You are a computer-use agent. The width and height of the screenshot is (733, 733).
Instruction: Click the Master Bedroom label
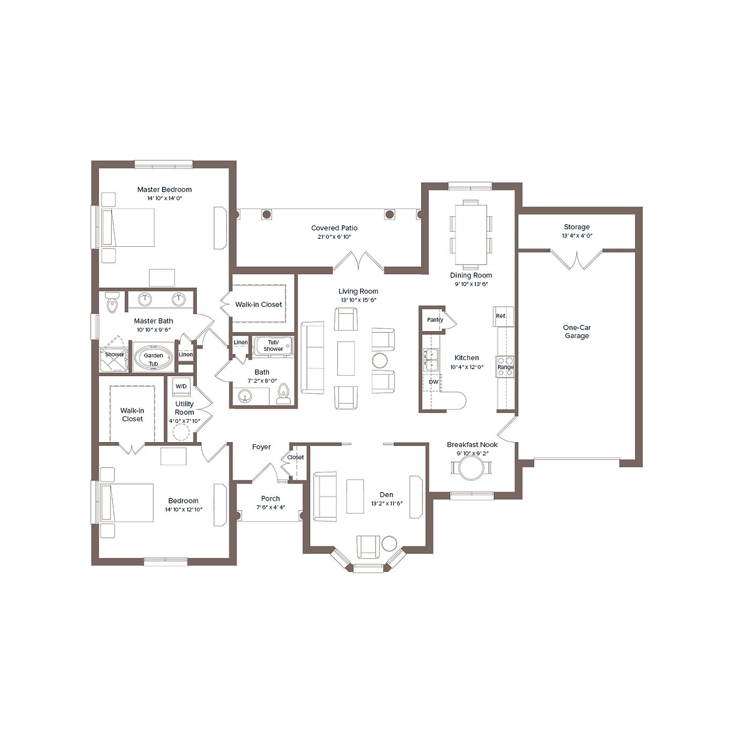pos(164,189)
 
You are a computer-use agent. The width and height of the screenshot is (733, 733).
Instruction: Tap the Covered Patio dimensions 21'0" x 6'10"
pos(334,237)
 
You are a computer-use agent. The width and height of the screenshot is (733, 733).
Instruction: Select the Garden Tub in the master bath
pos(153,358)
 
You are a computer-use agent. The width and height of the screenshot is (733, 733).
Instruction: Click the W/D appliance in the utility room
pos(181,386)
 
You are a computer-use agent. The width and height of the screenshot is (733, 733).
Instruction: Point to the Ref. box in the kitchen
pos(501,316)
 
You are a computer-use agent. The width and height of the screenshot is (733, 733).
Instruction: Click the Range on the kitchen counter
pos(505,366)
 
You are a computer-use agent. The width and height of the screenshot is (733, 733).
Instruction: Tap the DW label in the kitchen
pos(433,382)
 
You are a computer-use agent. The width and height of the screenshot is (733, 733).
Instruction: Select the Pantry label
pos(435,320)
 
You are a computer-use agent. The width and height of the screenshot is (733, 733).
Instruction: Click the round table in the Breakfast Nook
pos(471,468)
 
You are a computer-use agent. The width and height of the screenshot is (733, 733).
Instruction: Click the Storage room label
pos(576,227)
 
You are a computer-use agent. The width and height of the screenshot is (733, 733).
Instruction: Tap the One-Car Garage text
pos(576,332)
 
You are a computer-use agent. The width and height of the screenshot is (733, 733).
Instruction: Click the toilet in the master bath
pos(112,303)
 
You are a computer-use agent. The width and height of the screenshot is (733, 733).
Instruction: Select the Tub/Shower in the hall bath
pos(273,346)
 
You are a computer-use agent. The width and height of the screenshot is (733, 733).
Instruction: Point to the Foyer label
pos(261,447)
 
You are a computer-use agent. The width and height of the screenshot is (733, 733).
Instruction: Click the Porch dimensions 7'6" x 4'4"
pos(270,507)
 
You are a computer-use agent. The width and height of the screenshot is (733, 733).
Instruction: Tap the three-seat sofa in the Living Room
pos(312,358)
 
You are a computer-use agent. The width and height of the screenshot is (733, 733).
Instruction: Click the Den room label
pos(386,495)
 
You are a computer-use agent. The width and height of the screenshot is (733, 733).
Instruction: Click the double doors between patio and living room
pos(358,261)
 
